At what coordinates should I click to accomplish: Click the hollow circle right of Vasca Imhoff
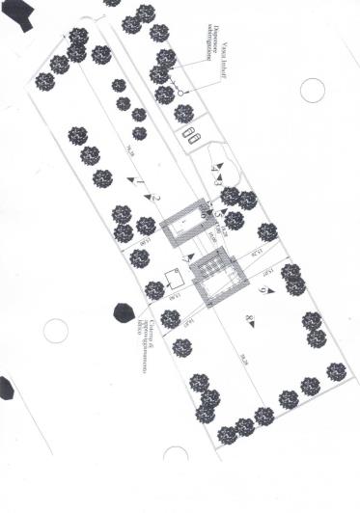[x=311, y=91]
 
